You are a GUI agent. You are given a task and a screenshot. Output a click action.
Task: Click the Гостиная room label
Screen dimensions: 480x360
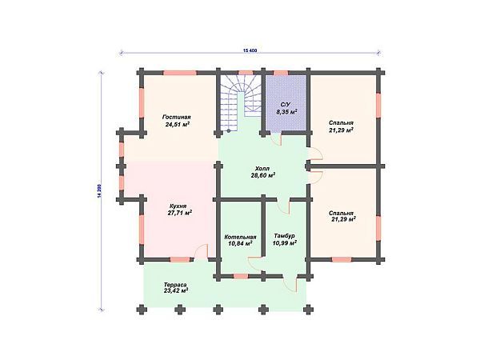177,118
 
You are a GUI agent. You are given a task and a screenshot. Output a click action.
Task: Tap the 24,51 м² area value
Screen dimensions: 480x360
177,124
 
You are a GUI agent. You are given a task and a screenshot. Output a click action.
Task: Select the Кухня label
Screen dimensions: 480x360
178,206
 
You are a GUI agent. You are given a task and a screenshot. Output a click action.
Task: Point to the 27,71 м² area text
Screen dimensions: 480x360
180,213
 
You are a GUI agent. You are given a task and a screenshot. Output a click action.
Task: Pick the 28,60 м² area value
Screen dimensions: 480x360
262,175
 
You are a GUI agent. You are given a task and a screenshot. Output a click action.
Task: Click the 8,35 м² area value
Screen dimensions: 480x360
287,112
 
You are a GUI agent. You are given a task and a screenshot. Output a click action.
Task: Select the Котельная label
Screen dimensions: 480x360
240,238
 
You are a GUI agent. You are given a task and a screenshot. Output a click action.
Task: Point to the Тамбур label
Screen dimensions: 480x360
284,236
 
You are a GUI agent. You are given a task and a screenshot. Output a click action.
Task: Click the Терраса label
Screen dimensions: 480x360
174,284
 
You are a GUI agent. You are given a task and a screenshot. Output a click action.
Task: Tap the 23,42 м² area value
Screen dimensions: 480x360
176,290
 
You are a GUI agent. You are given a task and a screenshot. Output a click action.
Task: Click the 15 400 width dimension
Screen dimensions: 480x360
250,50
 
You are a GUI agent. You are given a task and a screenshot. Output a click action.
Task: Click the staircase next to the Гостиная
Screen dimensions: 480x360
240,102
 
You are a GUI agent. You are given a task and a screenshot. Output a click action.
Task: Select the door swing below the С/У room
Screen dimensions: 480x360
277,139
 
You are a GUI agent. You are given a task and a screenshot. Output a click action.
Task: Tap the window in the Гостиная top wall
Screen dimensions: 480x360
179,73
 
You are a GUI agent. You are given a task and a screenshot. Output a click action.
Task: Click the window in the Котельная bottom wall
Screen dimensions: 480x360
241,276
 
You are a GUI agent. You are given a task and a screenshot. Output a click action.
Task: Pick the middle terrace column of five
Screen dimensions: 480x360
218,310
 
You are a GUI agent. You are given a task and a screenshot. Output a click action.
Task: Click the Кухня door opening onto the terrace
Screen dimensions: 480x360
202,252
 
